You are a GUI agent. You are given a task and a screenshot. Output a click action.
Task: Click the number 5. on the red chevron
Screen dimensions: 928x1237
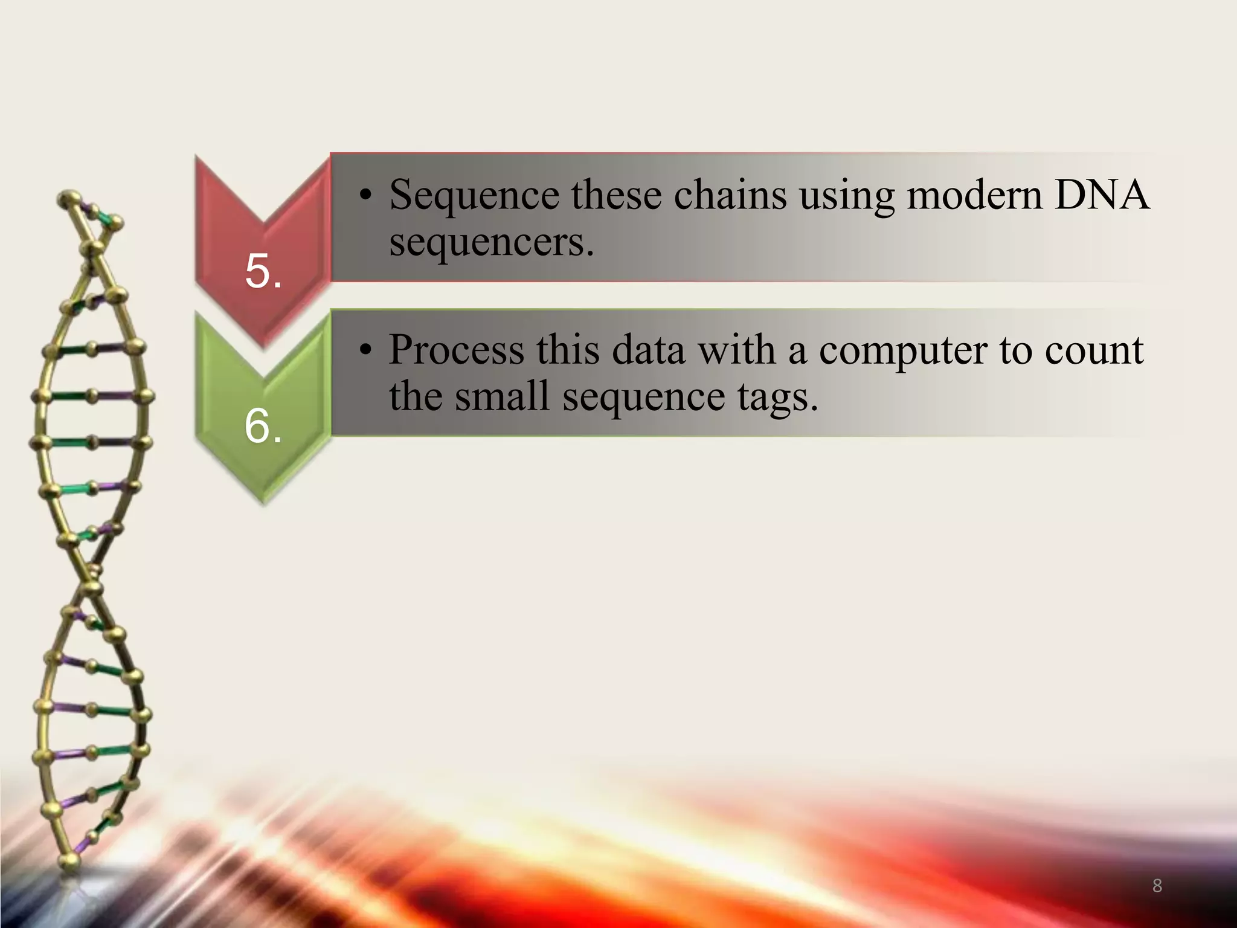(263, 271)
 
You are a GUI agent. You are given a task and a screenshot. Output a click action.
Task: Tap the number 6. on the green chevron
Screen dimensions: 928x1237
(263, 426)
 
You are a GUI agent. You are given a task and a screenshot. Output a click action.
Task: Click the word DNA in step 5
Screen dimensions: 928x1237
(1102, 195)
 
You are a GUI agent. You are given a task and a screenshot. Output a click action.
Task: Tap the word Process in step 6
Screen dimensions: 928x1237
(456, 350)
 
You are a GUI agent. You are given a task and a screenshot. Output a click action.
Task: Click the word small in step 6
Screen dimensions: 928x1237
(501, 397)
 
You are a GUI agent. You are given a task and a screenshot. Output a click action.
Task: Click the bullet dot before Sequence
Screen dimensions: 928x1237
(364, 196)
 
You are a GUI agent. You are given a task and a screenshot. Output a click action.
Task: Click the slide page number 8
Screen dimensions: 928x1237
(1157, 886)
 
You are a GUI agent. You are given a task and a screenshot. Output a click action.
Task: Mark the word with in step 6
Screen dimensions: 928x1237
(737, 350)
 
